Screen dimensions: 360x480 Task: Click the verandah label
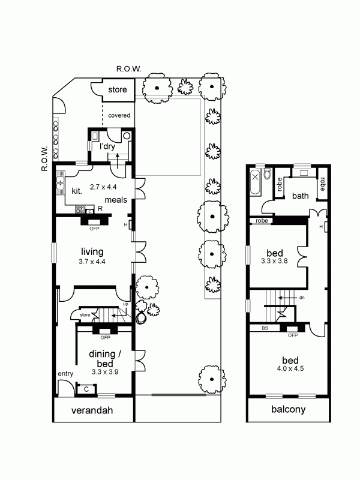click(x=92, y=410)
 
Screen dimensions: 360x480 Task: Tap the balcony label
click(x=289, y=409)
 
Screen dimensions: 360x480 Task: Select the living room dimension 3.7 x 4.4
click(x=92, y=262)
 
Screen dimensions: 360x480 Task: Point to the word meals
click(x=116, y=200)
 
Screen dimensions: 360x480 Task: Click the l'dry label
click(x=107, y=146)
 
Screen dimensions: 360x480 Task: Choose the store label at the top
click(x=118, y=89)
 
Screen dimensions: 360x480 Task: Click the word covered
click(x=119, y=115)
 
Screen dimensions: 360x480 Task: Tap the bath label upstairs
click(x=301, y=196)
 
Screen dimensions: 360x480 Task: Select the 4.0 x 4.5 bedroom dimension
click(x=290, y=368)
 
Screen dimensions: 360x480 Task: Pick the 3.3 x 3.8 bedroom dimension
click(x=274, y=261)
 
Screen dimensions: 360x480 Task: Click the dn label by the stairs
click(x=302, y=297)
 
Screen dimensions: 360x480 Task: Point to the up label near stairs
click(x=125, y=304)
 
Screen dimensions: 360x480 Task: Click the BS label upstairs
click(x=265, y=328)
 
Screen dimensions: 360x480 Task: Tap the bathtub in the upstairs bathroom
click(x=256, y=182)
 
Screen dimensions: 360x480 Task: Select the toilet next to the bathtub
click(x=266, y=173)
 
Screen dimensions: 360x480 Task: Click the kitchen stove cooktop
click(x=80, y=209)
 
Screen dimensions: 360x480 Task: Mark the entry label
click(x=65, y=374)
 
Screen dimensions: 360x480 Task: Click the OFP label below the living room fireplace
click(x=94, y=229)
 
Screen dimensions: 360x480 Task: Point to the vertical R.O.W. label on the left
click(x=44, y=158)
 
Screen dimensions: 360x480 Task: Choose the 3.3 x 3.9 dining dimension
click(x=105, y=372)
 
